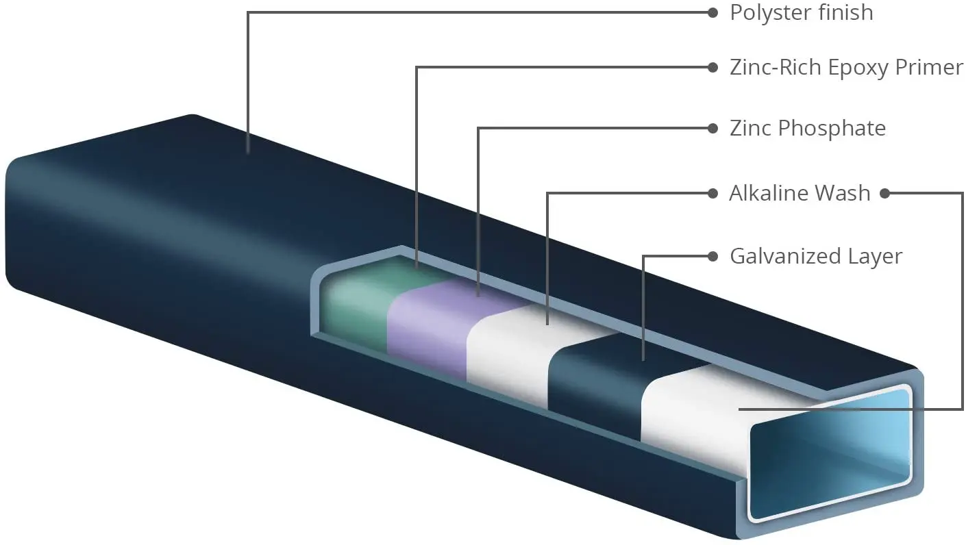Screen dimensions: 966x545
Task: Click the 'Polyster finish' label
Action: tap(802, 13)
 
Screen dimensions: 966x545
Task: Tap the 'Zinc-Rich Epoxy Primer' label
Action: tap(846, 68)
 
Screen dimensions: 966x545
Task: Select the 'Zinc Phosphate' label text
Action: tap(808, 129)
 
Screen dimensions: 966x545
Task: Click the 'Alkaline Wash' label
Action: tap(800, 193)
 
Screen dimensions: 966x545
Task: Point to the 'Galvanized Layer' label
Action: tap(816, 256)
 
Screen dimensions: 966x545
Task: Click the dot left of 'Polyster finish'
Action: tap(713, 13)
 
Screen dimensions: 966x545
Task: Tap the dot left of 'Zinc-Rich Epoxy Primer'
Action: tap(713, 68)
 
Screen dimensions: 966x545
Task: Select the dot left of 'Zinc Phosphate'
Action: tap(713, 129)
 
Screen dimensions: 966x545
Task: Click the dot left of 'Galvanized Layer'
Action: tap(713, 257)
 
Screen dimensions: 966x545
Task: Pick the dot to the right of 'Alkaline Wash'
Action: tap(885, 194)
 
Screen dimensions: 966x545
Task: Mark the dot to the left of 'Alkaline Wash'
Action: tap(713, 194)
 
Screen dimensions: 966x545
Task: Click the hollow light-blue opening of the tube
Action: tap(830, 453)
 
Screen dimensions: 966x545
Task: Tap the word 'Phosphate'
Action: tap(832, 129)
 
